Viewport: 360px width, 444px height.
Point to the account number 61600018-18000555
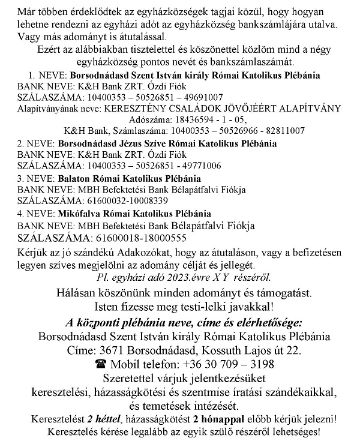click(136, 238)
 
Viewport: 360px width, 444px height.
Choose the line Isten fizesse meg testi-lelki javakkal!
click(181, 307)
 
